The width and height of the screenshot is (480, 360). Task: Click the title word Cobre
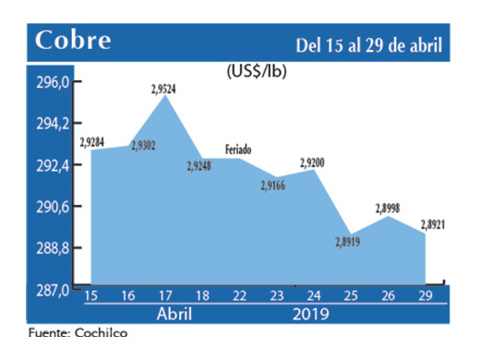click(73, 42)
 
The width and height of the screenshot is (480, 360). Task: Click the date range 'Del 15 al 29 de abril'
click(368, 44)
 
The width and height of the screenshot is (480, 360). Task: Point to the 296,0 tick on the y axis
click(54, 82)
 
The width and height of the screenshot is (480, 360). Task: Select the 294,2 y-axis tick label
click(54, 124)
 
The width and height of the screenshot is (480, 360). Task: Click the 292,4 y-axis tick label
click(54, 165)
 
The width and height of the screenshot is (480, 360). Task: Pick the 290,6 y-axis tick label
click(54, 207)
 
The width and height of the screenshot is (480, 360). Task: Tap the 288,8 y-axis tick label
click(54, 248)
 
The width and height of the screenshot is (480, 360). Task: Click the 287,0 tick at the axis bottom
click(54, 290)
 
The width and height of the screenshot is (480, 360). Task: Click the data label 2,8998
click(387, 209)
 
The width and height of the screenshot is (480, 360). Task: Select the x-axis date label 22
click(238, 296)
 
